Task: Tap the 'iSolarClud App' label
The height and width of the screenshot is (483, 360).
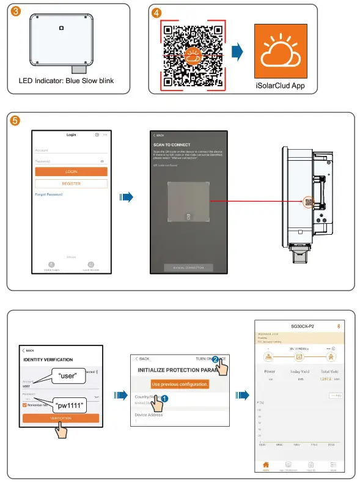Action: [x=279, y=86]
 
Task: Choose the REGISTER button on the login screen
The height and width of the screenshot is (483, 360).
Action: [x=71, y=183]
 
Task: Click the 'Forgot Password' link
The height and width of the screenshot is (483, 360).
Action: [x=48, y=194]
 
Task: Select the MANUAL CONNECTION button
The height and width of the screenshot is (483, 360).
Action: [x=188, y=268]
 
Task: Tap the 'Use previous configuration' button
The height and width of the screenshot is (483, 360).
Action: [x=179, y=384]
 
